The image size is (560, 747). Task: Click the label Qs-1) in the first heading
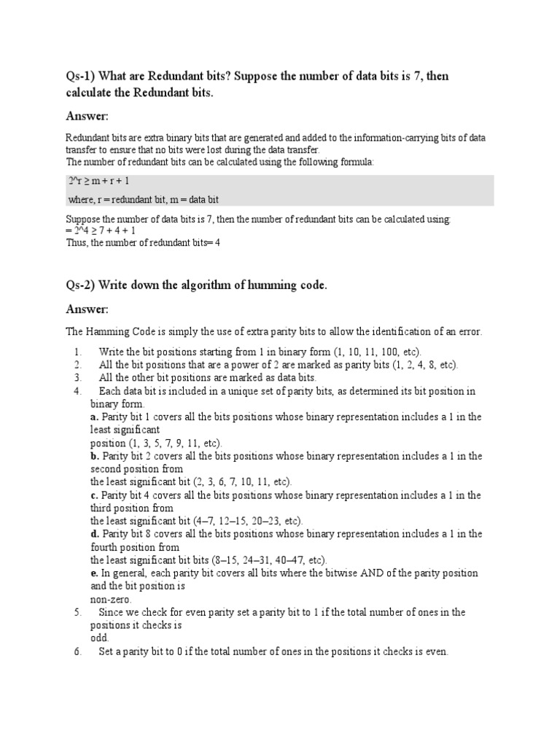[79, 77]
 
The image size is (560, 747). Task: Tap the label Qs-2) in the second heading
[79, 285]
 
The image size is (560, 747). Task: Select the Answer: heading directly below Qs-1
[87, 116]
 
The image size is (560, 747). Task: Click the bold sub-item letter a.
[94, 417]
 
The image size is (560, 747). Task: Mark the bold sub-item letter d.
[94, 534]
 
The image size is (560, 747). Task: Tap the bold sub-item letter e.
[94, 573]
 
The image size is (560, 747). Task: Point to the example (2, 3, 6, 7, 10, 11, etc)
[242, 482]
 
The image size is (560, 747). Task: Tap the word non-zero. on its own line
[111, 599]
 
